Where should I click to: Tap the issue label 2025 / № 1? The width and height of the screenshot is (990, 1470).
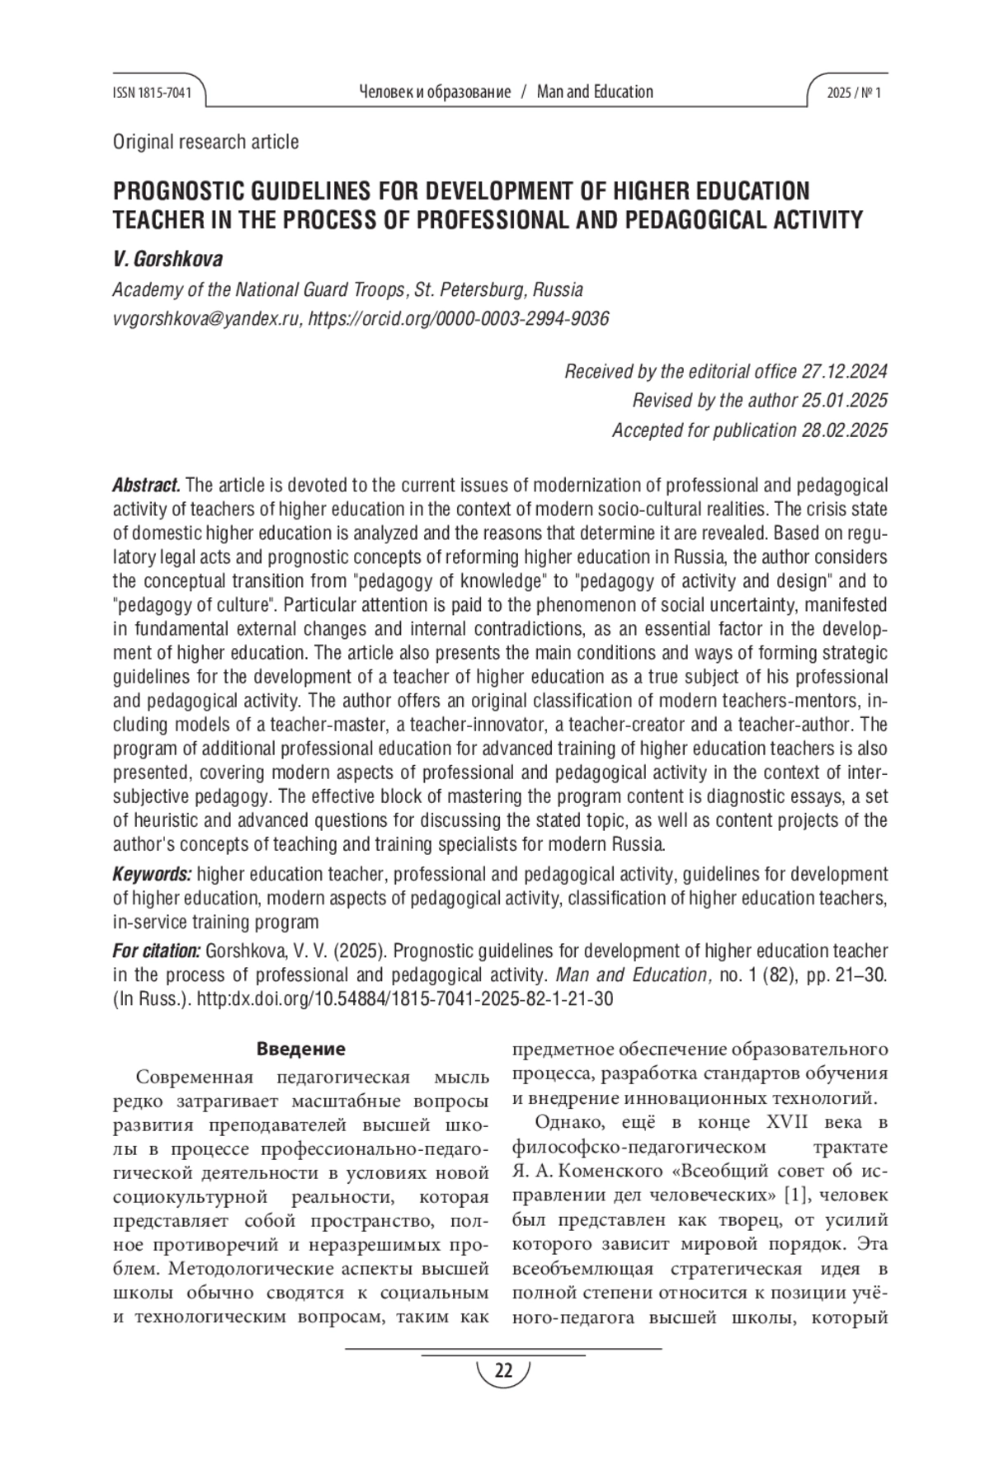click(x=853, y=93)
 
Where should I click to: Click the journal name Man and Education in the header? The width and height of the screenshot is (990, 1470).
click(x=595, y=92)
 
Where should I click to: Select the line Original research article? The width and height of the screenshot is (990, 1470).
click(x=205, y=142)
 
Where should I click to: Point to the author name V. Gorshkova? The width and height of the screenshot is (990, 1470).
click(x=167, y=260)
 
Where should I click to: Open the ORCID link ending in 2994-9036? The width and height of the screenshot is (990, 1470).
click(x=459, y=319)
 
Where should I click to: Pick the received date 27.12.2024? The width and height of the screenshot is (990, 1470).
click(x=844, y=371)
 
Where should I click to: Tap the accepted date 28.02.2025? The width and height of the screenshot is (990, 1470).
click(x=844, y=430)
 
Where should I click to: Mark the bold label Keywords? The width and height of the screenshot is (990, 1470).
click(x=152, y=874)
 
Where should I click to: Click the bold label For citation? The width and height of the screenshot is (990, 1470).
click(x=156, y=951)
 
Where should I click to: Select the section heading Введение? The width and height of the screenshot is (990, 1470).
click(x=300, y=1050)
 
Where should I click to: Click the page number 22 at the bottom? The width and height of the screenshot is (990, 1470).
click(x=502, y=1371)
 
